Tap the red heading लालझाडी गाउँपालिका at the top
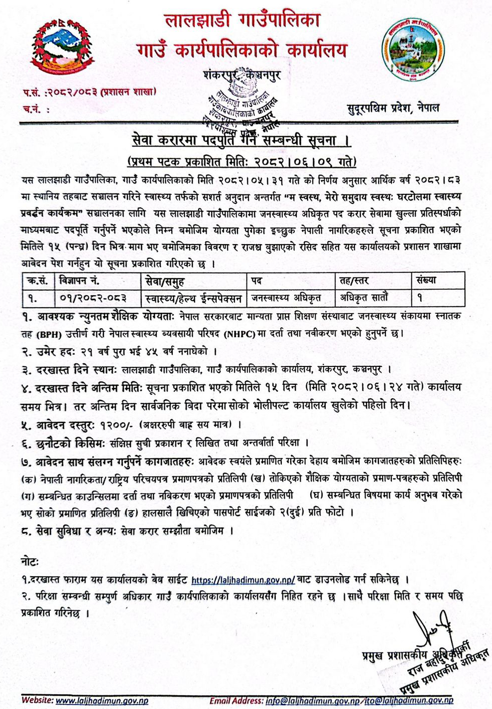tap(243, 20)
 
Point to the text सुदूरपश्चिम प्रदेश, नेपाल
tap(393, 108)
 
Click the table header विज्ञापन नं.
tap(79, 281)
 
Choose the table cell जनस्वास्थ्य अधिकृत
tap(286, 298)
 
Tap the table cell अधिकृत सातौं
tap(364, 298)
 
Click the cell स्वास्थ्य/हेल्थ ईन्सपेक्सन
tap(194, 298)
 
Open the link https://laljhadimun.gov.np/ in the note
tap(243, 580)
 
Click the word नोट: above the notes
tap(30, 561)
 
